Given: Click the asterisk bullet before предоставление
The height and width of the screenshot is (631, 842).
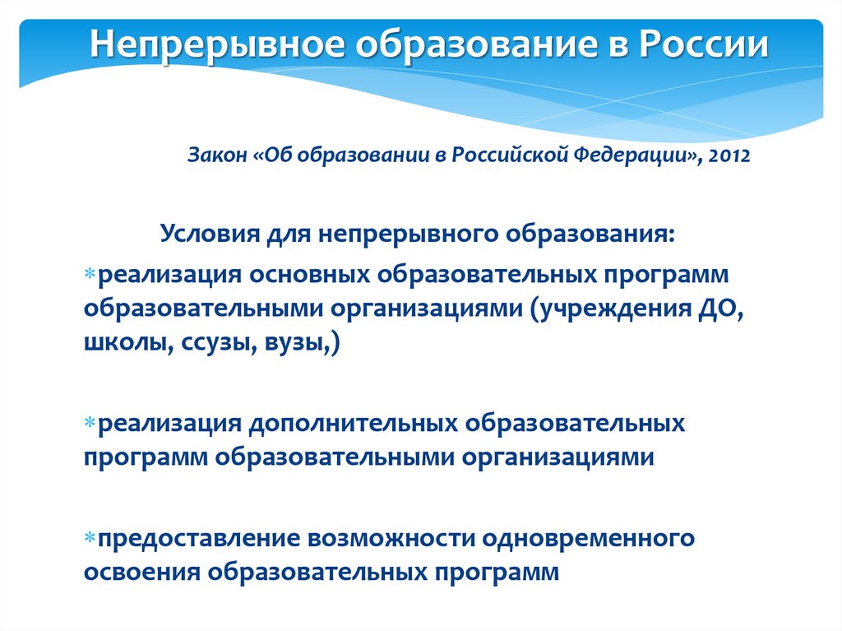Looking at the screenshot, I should pyautogui.click(x=90, y=536).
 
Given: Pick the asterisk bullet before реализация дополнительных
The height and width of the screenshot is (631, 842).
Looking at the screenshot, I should pyautogui.click(x=90, y=422).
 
